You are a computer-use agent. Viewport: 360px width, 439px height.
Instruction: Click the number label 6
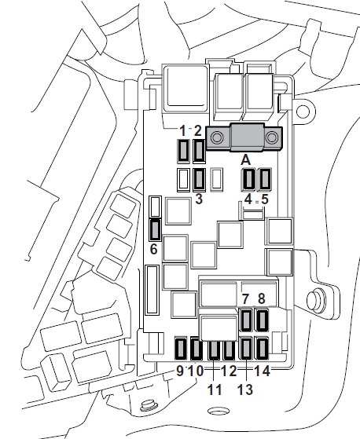[153, 249]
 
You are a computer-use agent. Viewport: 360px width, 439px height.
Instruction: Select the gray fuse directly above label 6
[155, 230]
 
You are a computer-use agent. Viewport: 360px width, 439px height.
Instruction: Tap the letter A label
[246, 160]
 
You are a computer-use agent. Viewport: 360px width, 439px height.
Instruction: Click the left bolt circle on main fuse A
[217, 137]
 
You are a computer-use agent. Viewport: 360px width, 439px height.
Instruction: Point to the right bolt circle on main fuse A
[271, 137]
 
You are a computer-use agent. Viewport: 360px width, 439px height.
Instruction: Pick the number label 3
[199, 199]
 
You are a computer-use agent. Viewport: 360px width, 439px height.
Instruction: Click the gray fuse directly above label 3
[199, 180]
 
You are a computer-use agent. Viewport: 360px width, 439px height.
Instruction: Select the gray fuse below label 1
[183, 152]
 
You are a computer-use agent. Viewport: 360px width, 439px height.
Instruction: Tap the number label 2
[198, 130]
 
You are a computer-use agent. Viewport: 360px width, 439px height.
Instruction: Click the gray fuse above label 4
[249, 179]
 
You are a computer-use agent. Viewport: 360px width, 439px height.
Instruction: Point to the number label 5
[265, 199]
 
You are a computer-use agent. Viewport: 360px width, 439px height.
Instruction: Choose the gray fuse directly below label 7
[247, 320]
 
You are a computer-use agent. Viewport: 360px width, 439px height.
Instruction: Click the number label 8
[262, 298]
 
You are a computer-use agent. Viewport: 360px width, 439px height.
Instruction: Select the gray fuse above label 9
[181, 349]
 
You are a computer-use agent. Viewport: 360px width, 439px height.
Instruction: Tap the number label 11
[215, 390]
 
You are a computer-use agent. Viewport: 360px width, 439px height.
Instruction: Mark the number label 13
[245, 390]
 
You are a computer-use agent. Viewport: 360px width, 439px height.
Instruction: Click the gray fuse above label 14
[263, 349]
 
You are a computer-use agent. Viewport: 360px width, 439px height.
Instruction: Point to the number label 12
[229, 371]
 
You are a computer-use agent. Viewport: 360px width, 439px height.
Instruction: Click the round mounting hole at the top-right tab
[303, 112]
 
